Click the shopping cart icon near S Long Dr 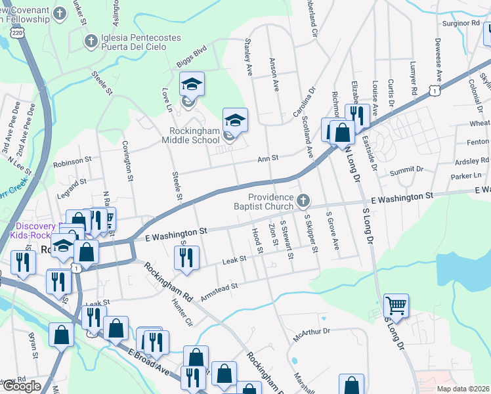pyautogui.click(x=396, y=305)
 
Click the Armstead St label pyautogui.click(x=218, y=291)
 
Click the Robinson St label pyautogui.click(x=73, y=161)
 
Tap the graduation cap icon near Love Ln pyautogui.click(x=192, y=84)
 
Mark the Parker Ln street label pyautogui.click(x=466, y=176)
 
